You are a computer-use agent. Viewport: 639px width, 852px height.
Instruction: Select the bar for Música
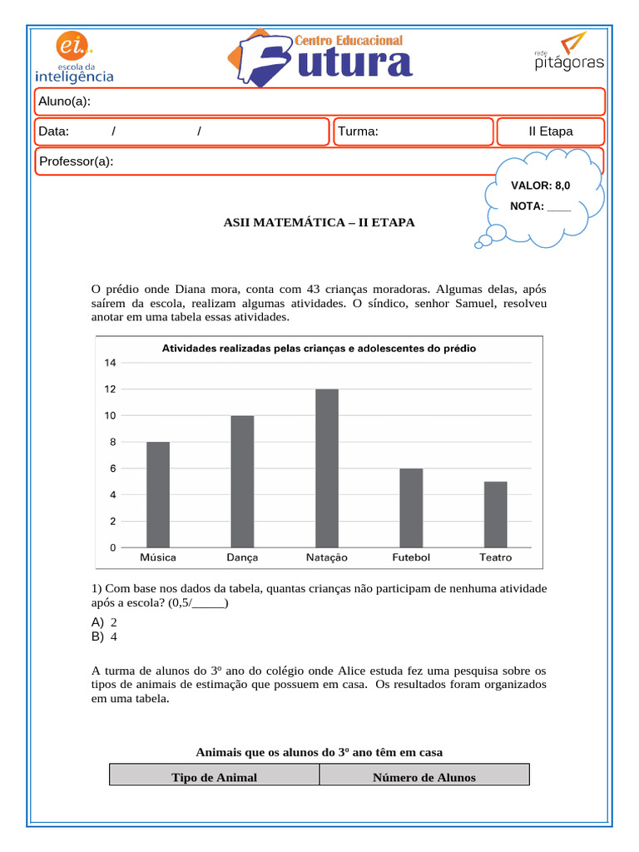point(158,494)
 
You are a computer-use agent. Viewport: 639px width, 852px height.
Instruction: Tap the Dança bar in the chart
point(242,481)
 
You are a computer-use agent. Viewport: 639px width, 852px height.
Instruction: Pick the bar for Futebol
point(411,508)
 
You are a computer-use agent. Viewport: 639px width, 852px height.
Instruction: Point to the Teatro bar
point(495,514)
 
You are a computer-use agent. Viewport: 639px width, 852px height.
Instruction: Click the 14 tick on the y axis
point(111,363)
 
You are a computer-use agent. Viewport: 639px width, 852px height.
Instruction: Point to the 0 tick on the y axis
point(112,547)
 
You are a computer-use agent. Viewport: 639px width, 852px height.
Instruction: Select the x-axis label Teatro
point(495,557)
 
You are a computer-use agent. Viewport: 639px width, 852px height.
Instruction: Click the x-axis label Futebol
point(411,557)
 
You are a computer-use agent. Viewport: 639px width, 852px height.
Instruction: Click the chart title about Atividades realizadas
point(319,349)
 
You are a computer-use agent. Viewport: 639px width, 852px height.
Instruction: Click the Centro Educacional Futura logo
point(320,58)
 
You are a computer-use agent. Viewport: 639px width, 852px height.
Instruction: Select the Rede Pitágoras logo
point(568,52)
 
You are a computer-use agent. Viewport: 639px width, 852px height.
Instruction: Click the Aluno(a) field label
point(65,102)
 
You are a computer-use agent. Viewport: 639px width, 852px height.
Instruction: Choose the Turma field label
point(359,131)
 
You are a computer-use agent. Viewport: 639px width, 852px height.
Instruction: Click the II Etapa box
point(550,131)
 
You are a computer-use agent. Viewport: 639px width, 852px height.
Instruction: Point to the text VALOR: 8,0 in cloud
point(540,185)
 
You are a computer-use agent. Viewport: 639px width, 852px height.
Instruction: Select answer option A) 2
point(105,622)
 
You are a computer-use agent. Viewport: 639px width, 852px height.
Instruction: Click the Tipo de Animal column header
point(214,777)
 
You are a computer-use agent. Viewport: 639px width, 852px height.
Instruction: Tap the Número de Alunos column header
point(424,777)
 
